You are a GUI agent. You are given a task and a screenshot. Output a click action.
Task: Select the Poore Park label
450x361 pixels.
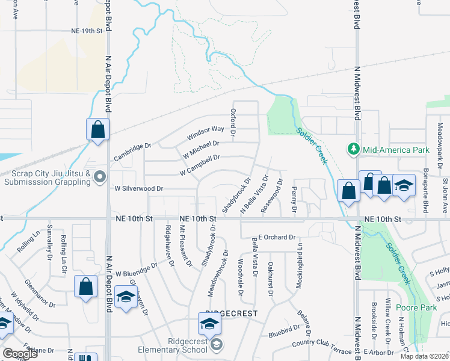[416, 308]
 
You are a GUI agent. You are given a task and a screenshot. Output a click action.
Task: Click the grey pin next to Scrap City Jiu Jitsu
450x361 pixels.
[100, 176]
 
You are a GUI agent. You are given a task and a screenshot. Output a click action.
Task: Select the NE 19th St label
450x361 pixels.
[87, 29]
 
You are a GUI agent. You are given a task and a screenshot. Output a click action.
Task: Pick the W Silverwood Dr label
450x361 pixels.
[139, 188]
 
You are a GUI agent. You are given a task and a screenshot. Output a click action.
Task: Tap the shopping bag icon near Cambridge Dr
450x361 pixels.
[97, 129]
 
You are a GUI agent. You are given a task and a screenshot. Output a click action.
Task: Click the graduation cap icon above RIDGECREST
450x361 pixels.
[209, 324]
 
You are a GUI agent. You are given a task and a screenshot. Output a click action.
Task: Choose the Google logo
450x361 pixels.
[20, 354]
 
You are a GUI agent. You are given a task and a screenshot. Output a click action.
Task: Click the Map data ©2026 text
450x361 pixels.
[424, 356]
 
